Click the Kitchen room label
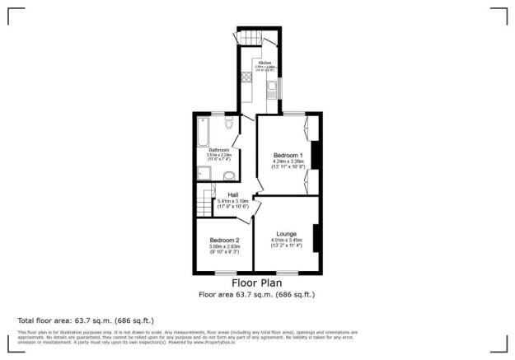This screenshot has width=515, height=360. [265, 63]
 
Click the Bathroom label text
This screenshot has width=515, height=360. [218, 150]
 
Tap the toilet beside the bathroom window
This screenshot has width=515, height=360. [231, 124]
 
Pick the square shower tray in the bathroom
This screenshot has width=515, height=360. [204, 172]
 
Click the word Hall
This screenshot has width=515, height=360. [222, 195]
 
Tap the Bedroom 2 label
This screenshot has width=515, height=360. [223, 240]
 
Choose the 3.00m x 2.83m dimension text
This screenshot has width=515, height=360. [223, 245]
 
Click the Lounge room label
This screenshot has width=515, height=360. [286, 234]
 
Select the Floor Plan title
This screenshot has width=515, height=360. [256, 283]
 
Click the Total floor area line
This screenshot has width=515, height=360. [86, 320]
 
